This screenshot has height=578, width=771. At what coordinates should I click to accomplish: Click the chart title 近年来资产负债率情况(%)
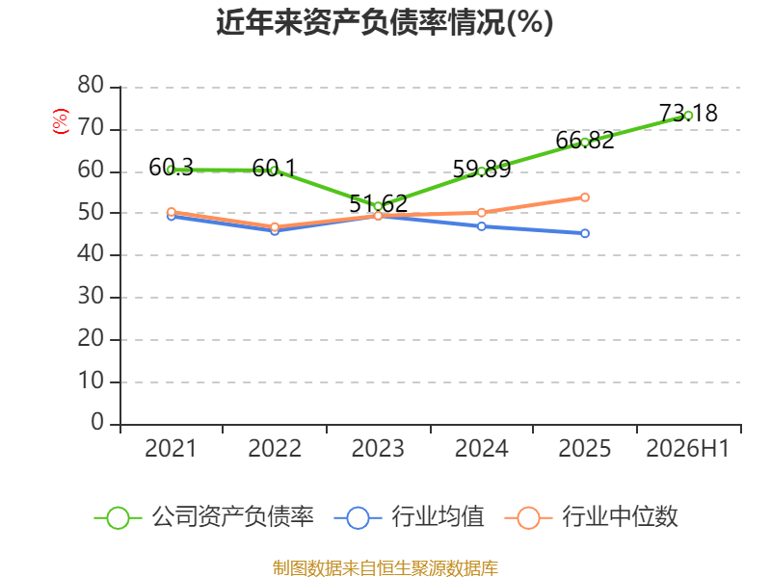pos(385,22)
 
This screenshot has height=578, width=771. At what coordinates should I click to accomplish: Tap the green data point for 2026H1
pos(688,116)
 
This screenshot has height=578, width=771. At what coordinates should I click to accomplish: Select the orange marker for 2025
pos(585,197)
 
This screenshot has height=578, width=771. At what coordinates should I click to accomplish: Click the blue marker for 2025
pos(585,233)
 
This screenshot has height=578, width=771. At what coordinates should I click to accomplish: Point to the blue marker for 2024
pos(482,226)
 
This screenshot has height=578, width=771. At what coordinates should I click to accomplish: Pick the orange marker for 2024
pos(482,213)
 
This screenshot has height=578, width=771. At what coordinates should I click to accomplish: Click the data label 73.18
pos(688,113)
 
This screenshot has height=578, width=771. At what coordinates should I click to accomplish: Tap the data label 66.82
pos(585,140)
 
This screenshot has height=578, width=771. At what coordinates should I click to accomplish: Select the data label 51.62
pos(379,203)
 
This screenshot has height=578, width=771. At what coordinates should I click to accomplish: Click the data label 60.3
pos(172,167)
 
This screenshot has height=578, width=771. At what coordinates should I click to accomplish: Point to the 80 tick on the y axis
pos(91,85)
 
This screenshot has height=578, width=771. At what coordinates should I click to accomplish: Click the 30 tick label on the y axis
pos(91,296)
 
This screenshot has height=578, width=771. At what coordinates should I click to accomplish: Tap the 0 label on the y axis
pos(97,422)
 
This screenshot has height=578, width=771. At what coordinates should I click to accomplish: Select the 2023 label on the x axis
pos(378,448)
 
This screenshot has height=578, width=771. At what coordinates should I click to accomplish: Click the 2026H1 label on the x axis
pos(687,448)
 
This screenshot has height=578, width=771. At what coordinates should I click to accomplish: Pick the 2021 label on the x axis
pos(171,448)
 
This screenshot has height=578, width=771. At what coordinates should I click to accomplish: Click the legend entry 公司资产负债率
pos(204,517)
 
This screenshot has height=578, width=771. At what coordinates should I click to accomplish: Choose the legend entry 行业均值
pos(409,517)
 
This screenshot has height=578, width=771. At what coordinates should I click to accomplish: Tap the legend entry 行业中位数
pos(592,517)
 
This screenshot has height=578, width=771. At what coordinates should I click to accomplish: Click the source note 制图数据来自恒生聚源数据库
pos(385,568)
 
